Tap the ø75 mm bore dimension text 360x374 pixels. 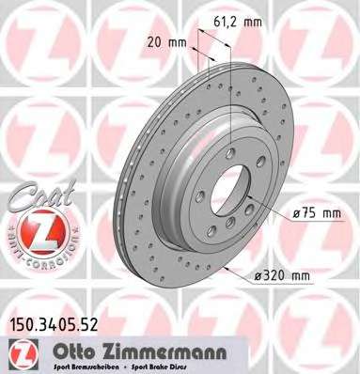click(x=316, y=213)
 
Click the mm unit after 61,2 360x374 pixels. click(x=267, y=18)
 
